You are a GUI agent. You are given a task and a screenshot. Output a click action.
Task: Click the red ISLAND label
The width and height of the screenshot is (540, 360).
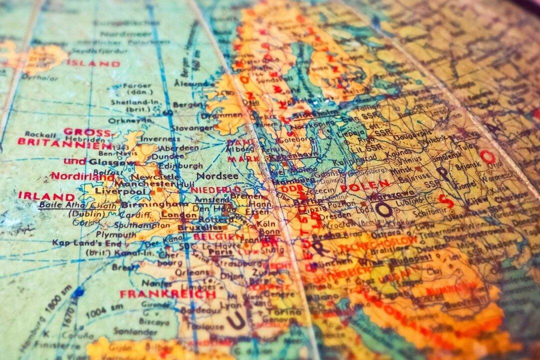(93, 63)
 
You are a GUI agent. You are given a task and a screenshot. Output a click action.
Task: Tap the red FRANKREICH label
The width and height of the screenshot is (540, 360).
(167, 293)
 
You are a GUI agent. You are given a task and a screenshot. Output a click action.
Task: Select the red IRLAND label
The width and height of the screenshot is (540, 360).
(46, 195)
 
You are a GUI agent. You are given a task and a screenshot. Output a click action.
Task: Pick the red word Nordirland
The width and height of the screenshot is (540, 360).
(76, 176)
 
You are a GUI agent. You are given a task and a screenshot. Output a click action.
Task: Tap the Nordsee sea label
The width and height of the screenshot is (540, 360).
(217, 176)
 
